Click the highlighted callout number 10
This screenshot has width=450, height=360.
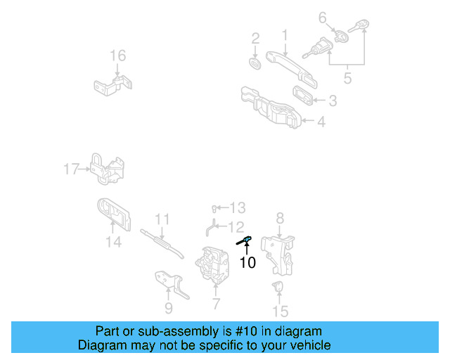tap(247, 263)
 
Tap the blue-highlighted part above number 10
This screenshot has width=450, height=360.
tap(245, 241)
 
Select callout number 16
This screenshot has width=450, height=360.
tap(117, 56)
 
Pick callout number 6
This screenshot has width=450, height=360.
tap(323, 18)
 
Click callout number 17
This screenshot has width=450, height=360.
tap(72, 169)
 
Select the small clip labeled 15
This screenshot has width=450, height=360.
tap(278, 286)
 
